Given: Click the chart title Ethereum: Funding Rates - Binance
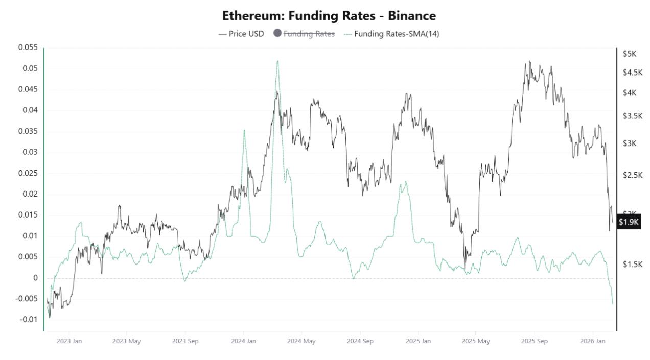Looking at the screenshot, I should tap(329, 16).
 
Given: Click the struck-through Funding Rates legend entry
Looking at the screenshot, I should tap(309, 34).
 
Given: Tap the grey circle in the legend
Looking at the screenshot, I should tap(277, 34).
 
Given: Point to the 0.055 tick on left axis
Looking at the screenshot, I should tap(28, 47).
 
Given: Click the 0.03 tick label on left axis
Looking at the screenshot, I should tap(30, 152).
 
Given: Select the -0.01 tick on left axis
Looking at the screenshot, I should tap(29, 320).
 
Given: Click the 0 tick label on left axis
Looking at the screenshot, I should tap(35, 278).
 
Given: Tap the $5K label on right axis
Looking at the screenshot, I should tap(630, 54).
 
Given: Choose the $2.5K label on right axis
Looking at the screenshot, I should tap(632, 175).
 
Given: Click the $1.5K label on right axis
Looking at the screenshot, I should tap(632, 264).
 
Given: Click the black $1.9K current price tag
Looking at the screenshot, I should tap(629, 222).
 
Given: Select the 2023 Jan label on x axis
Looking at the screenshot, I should tap(69, 341).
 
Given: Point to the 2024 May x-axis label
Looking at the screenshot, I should tap(301, 341).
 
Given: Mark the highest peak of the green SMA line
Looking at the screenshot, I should tap(277, 61).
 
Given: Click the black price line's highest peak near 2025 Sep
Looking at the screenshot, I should tap(530, 61).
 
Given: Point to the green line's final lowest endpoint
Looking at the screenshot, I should tap(613, 304).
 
